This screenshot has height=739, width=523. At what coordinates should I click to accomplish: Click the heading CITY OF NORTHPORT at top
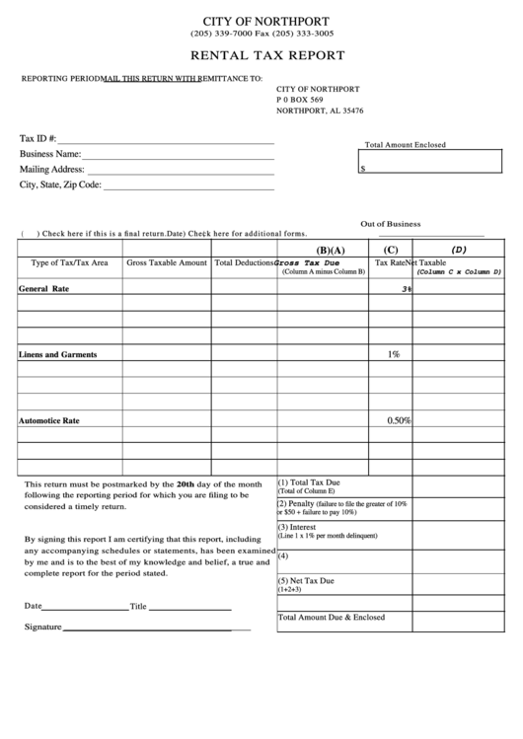click(265, 21)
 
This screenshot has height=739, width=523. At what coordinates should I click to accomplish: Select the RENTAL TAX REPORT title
click(266, 56)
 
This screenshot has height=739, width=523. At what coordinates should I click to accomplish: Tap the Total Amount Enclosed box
click(430, 162)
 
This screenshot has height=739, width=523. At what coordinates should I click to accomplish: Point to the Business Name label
click(49, 154)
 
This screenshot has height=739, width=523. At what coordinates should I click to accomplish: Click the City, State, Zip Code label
click(60, 184)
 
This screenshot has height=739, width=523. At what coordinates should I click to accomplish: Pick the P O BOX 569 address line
click(300, 100)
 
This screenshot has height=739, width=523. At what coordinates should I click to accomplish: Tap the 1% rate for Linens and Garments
click(393, 353)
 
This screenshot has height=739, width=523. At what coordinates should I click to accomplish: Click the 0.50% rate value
click(398, 420)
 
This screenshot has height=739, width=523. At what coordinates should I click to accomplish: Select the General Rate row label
click(44, 289)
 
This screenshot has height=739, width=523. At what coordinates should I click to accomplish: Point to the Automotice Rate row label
click(49, 420)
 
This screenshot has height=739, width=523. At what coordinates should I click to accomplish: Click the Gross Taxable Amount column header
click(167, 263)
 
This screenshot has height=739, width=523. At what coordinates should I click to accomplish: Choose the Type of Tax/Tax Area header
click(69, 263)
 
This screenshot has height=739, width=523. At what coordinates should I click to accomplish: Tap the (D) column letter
click(459, 250)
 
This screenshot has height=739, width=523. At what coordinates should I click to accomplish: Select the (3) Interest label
click(299, 527)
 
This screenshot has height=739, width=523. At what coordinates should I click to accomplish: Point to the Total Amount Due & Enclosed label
click(332, 617)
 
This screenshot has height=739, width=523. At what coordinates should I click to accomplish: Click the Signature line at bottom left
click(148, 628)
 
